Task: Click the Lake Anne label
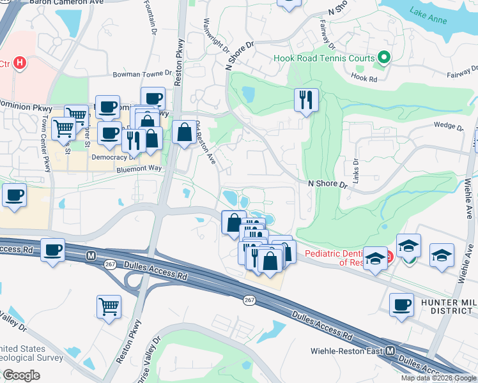pos(428,12)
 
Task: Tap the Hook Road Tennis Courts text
pos(324,59)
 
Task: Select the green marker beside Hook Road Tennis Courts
pos(383,58)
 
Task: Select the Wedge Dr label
pos(447,126)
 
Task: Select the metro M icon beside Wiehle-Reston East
pos(390,351)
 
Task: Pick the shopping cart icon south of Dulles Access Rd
pos(109,306)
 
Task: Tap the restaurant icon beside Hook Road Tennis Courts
pos(306,99)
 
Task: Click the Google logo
pos(21,375)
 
